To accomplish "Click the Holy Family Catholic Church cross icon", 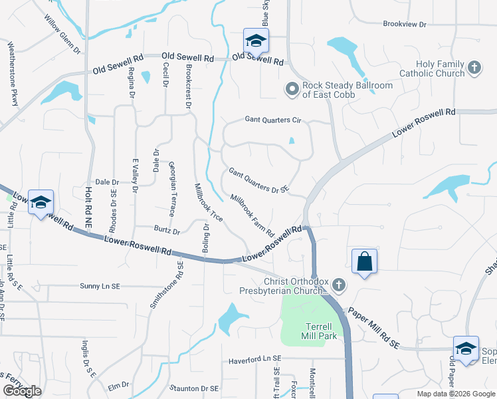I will [474, 67].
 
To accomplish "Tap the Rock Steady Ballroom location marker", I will [292, 88].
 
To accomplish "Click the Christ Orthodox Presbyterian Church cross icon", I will [339, 285].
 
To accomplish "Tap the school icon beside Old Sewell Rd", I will [255, 41].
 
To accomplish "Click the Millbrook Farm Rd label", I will [252, 215].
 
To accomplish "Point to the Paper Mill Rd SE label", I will [374, 329].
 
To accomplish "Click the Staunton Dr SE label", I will [194, 388].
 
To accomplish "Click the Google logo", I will [23, 391].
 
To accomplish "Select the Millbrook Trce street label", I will [208, 202].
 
